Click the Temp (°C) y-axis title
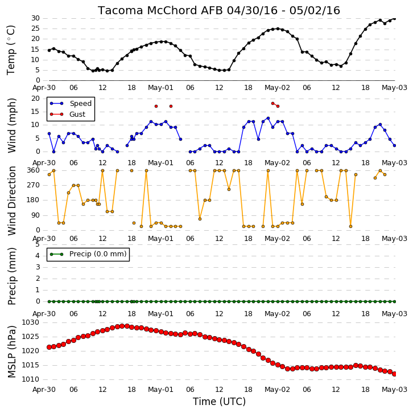[x=11, y=50]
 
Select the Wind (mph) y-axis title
[x=11, y=125]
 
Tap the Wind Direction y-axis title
[x=11, y=201]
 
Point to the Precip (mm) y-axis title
[x=11, y=276]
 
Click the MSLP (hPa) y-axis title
[x=11, y=352]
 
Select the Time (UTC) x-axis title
[x=219, y=402]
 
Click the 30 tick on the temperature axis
[x=36, y=18]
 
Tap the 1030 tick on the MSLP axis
[x=30, y=322]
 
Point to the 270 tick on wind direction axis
[x=34, y=185]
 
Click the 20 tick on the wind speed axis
[x=36, y=99]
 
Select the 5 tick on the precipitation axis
[x=38, y=244]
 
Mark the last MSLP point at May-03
[x=394, y=374]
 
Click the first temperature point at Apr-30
[x=49, y=50]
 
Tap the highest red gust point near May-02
[x=273, y=103]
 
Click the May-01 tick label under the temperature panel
[x=160, y=88]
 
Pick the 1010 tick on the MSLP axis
[x=30, y=379]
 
